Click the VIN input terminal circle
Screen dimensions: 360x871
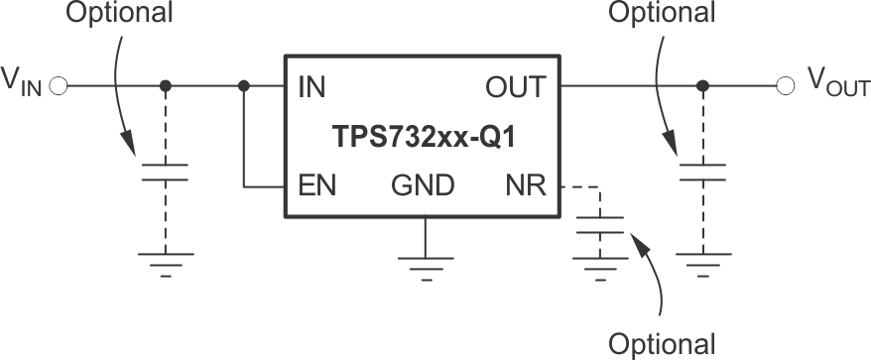(58, 87)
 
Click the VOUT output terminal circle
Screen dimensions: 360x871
(786, 87)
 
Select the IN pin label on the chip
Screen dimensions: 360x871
(312, 87)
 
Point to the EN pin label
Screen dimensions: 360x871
(314, 185)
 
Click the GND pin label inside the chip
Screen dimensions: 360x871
(424, 185)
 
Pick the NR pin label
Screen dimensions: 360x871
(525, 185)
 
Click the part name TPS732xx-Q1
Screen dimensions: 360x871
(424, 136)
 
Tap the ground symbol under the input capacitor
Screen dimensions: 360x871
(166, 263)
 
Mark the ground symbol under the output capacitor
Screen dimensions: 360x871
(703, 263)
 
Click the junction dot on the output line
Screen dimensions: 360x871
(703, 87)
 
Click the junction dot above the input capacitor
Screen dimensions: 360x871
(166, 87)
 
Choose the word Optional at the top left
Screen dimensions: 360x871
(118, 14)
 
